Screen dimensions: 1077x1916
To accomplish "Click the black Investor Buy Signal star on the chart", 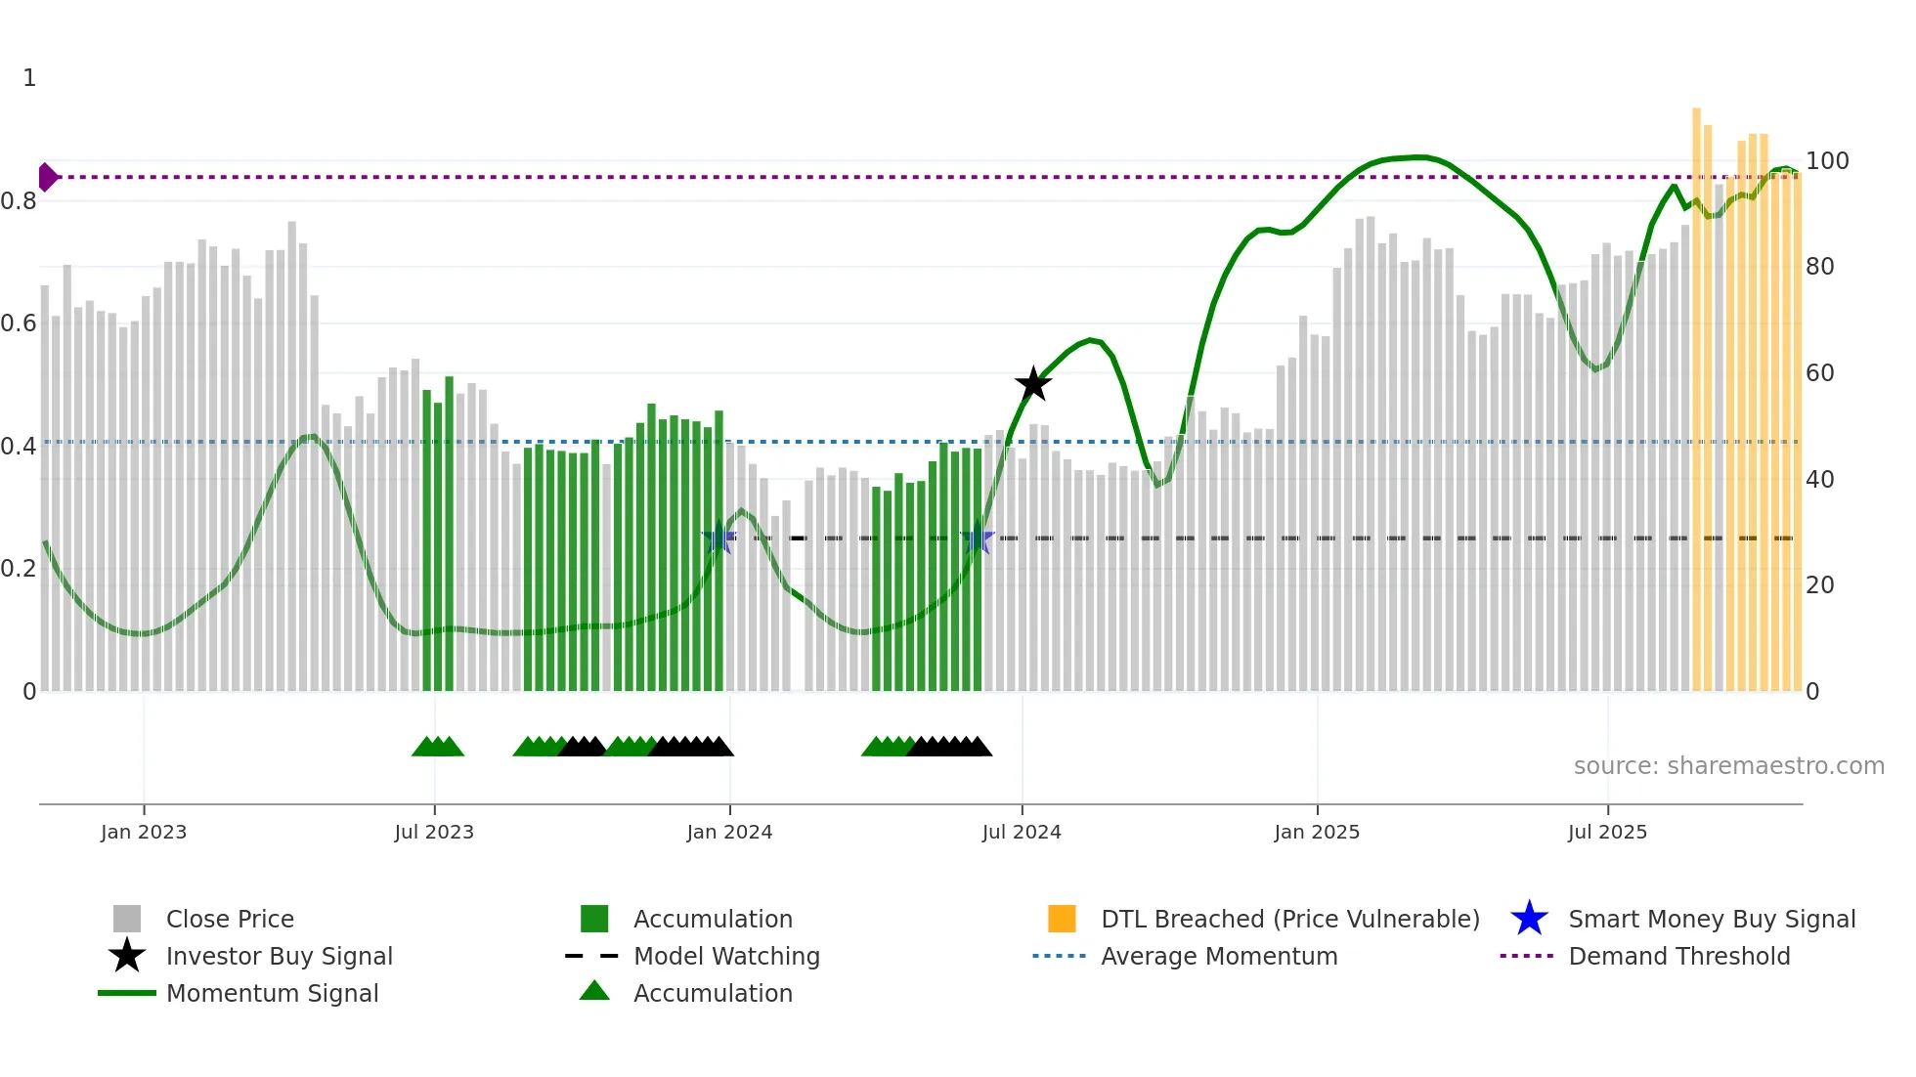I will pyautogui.click(x=1033, y=384).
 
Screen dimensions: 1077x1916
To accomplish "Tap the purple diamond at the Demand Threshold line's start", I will pyautogui.click(x=47, y=177).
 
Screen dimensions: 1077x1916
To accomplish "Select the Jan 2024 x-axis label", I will pyautogui.click(x=729, y=832).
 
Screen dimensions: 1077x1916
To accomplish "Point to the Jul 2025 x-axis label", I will pyautogui.click(x=1607, y=832).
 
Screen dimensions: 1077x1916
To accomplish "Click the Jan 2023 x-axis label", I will pyautogui.click(x=144, y=832).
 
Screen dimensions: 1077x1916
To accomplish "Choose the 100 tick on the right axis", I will pyautogui.click(x=1827, y=160).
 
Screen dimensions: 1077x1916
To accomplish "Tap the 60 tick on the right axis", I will pyautogui.click(x=1820, y=372).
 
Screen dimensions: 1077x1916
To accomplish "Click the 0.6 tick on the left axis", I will pyautogui.click(x=19, y=323).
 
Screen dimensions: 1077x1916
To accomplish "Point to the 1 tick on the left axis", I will pyautogui.click(x=29, y=78).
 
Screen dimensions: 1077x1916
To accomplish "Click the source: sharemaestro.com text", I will pyautogui.click(x=1728, y=765).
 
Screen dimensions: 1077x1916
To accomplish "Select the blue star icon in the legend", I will pyautogui.click(x=1529, y=919).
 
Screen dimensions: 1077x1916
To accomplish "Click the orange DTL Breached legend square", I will pyautogui.click(x=1062, y=919).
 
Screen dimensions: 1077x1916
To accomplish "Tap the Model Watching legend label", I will pyautogui.click(x=726, y=956).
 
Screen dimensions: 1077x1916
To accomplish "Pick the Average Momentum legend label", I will pyautogui.click(x=1219, y=956).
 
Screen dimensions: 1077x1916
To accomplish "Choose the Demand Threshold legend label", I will pyautogui.click(x=1678, y=956).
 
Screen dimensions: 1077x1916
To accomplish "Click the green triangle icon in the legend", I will pyautogui.click(x=594, y=992).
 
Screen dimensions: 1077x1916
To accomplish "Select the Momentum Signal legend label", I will pyautogui.click(x=272, y=993).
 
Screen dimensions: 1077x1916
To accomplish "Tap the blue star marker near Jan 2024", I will pyautogui.click(x=719, y=538).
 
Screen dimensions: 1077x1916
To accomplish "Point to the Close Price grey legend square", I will pyautogui.click(x=127, y=919).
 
